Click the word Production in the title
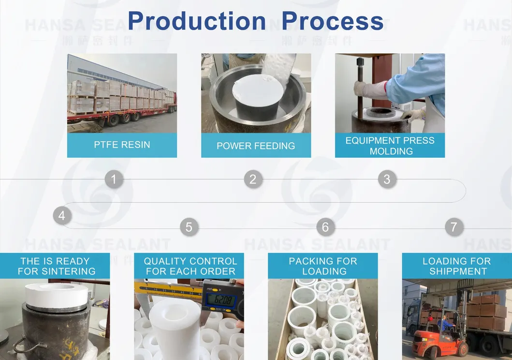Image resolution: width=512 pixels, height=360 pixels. pyautogui.click(x=196, y=21)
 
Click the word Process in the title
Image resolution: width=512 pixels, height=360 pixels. pyautogui.click(x=333, y=21)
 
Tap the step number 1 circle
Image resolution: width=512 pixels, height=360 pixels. pyautogui.click(x=114, y=180)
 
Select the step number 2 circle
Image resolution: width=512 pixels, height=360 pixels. pyautogui.click(x=252, y=180)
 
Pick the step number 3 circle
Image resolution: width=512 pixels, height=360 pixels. pyautogui.click(x=387, y=180)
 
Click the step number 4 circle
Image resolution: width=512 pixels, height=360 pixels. pyautogui.click(x=61, y=215)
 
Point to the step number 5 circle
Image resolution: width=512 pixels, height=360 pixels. pyautogui.click(x=189, y=227)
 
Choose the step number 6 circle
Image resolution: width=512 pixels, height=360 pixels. pyautogui.click(x=325, y=227)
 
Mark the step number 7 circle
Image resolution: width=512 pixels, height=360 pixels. pyautogui.click(x=453, y=227)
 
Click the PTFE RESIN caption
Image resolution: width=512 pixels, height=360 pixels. pyautogui.click(x=122, y=145)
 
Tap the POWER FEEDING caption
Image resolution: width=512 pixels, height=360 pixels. pyautogui.click(x=256, y=146)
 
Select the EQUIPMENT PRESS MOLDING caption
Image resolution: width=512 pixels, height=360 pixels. pyautogui.click(x=390, y=146)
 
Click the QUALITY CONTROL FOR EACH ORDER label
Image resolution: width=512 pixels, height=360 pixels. pyautogui.click(x=190, y=266)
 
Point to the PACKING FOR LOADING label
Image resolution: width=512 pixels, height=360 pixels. pyautogui.click(x=323, y=266)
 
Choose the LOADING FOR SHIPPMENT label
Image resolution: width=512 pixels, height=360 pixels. pyautogui.click(x=457, y=266)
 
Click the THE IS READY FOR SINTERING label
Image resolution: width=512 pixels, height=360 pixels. pyautogui.click(x=55, y=266)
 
